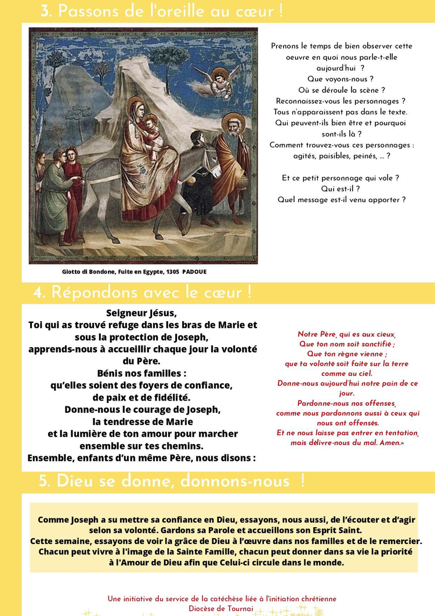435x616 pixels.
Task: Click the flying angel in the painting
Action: pyautogui.click(x=217, y=81)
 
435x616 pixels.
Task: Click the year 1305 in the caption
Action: pyautogui.click(x=172, y=272)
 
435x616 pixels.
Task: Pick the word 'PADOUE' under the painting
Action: pyautogui.click(x=194, y=272)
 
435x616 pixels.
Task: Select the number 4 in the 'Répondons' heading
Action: pyautogui.click(x=39, y=293)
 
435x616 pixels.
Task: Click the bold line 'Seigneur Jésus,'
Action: pyautogui.click(x=142, y=312)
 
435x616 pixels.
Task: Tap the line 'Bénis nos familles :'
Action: pyautogui.click(x=142, y=373)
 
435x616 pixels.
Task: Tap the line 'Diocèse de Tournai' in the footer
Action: pyautogui.click(x=221, y=608)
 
